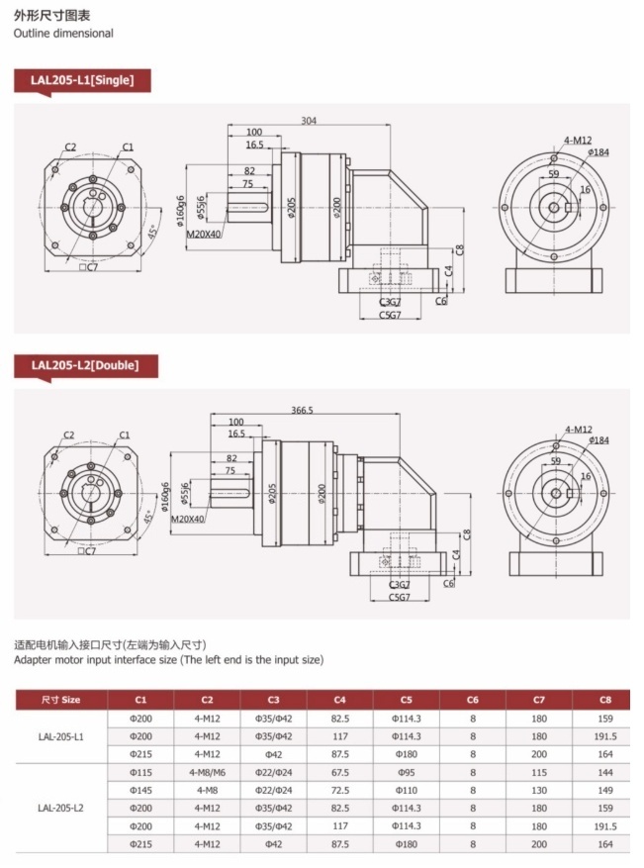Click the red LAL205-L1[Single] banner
82,79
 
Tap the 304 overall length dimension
309,121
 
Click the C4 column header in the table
339,700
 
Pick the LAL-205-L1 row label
61,736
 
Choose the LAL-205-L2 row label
61,808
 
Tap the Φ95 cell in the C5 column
407,772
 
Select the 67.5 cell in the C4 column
339,772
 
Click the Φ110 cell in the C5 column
407,790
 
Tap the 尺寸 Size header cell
61,700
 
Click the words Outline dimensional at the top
63,33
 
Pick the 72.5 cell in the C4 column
339,790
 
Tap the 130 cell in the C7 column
539,790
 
